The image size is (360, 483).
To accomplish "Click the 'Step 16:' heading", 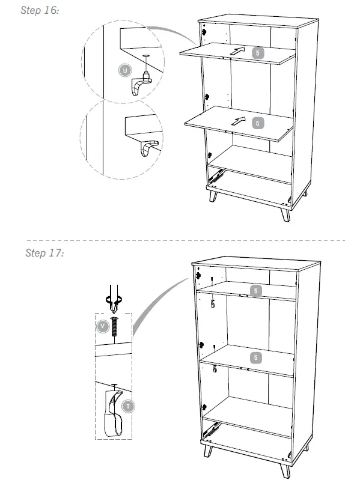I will (40, 11).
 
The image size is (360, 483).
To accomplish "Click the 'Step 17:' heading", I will (44, 253).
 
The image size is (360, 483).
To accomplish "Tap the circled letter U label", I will (124, 70).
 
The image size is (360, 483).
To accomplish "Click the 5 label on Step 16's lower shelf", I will (257, 123).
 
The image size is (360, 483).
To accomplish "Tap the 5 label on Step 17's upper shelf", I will (257, 291).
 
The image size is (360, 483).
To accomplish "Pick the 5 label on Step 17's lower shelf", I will (257, 357).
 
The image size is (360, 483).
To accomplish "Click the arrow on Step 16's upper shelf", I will (238, 52).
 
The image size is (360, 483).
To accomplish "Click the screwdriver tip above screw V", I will (114, 306).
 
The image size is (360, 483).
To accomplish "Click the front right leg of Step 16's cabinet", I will (285, 214).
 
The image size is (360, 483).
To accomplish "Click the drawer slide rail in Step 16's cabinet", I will (216, 175).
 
